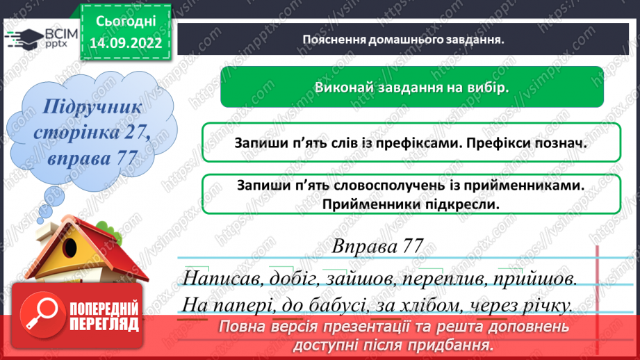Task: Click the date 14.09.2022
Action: (126, 42)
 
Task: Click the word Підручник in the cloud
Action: (92, 107)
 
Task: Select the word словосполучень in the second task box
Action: (377, 186)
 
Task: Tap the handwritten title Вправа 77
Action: (377, 247)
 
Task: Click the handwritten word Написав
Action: (220, 279)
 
